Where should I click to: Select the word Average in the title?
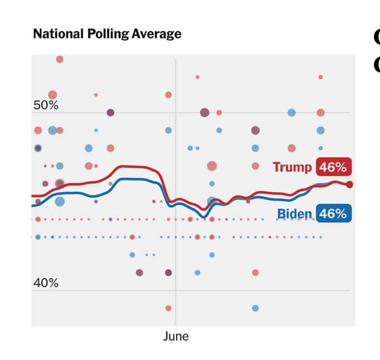coord(156,34)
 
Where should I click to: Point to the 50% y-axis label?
coord(46,105)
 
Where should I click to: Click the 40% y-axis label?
coord(46,283)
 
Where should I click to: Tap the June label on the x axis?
coord(176,337)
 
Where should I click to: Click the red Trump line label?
coord(292,167)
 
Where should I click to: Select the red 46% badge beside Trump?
coord(333,167)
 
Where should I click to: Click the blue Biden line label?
coord(294,213)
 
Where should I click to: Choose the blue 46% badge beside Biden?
coord(333,213)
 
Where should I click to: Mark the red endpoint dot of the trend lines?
coord(349,184)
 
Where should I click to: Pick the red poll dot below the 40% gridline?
coord(168,308)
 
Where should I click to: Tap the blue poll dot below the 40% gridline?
coord(255,308)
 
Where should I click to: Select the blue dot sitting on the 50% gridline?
coord(291,113)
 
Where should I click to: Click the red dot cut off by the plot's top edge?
coord(60,59)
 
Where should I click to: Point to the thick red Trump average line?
coord(134,167)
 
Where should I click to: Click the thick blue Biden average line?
coord(134,179)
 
